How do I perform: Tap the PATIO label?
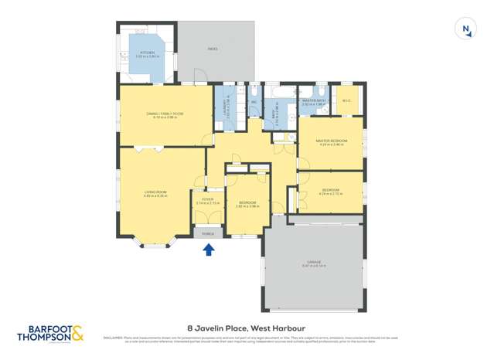click(x=212, y=49)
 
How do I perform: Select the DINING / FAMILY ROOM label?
click(x=164, y=114)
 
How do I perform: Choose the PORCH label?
click(x=207, y=233)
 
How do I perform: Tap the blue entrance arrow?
click(x=208, y=249)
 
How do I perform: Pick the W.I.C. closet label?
click(x=347, y=100)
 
